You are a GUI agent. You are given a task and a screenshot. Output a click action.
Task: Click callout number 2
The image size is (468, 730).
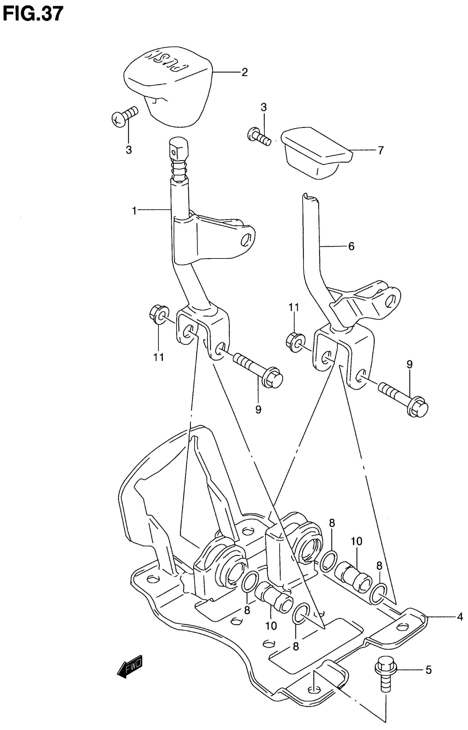(x=245, y=72)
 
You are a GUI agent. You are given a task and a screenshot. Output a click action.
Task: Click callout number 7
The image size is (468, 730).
(x=381, y=150)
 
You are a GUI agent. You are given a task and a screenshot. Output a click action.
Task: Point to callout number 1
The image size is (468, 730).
(x=134, y=210)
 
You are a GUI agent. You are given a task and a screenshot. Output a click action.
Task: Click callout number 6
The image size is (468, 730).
(x=351, y=246)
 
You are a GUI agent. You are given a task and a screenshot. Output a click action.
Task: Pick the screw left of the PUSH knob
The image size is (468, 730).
(x=124, y=116)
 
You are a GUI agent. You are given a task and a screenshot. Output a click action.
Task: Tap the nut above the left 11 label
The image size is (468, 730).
(x=158, y=314)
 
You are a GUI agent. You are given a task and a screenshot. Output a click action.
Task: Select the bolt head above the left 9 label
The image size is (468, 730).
(x=273, y=378)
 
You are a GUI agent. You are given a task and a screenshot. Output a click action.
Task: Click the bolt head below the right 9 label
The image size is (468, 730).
(x=418, y=407)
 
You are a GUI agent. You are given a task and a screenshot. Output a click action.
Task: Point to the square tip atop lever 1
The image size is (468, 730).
(x=178, y=149)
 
